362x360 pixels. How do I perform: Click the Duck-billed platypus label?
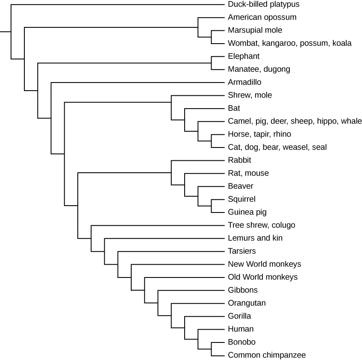tap(263, 4)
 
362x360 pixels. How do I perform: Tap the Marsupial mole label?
tap(255, 30)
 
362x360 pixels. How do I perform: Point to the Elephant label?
tap(244, 56)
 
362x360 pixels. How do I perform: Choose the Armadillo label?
tap(244, 82)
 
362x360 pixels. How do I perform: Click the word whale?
tap(351, 121)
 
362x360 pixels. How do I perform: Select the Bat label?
tap(234, 108)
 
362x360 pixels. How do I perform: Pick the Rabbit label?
tap(239, 160)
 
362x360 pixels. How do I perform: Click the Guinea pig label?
tap(247, 212)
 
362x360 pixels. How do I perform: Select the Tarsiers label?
tap(242, 251)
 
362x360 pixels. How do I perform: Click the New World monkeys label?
tap(264, 264)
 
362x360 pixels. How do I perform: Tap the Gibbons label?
tap(243, 290)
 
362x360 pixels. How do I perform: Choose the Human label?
tap(241, 329)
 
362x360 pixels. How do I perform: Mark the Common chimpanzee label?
tap(267, 355)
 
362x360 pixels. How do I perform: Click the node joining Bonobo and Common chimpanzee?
tap(211, 348)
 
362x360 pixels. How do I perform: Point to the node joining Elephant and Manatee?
tap(211, 63)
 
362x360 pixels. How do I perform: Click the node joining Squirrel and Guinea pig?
tap(211, 206)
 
